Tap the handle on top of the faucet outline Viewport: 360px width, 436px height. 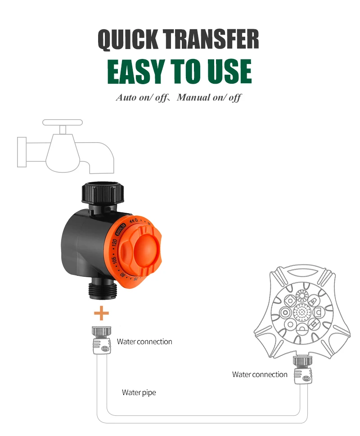tap(63, 122)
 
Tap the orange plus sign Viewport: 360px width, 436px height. tap(101, 313)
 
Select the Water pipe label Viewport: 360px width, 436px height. tap(139, 392)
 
